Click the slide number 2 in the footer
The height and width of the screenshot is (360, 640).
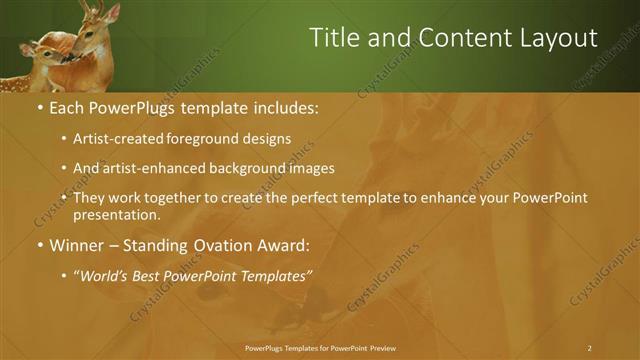(x=589, y=348)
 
